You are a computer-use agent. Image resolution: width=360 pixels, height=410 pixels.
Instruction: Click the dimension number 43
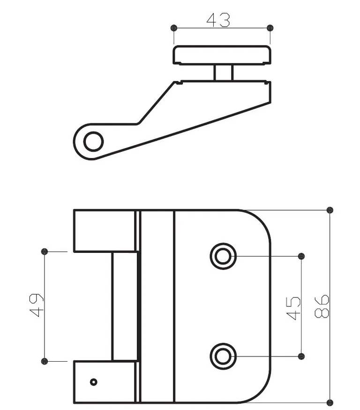pos(218,20)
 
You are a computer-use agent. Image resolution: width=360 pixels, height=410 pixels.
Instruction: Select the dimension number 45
pos(293,308)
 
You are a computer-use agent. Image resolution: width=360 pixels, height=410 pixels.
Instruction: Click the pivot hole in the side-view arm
pos(93,141)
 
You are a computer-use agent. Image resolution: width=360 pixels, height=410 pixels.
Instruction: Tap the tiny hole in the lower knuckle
pos(93,382)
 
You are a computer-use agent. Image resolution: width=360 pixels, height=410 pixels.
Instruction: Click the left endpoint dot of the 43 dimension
pos(174,28)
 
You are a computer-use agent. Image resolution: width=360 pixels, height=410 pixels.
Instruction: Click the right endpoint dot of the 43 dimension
pos(270,28)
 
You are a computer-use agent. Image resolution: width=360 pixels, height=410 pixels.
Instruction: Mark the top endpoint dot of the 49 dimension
pos(45,251)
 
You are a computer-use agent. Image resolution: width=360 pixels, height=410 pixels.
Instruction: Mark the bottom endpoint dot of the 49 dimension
pos(45,361)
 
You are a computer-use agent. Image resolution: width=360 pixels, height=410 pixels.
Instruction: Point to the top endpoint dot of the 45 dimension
pos(301,256)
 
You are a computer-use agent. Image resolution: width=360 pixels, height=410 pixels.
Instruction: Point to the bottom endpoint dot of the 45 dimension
pos(301,356)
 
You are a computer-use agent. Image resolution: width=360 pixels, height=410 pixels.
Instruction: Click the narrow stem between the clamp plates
pos(223,73)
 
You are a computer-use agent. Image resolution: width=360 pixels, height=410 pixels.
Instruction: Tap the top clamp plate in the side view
pos(222,55)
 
